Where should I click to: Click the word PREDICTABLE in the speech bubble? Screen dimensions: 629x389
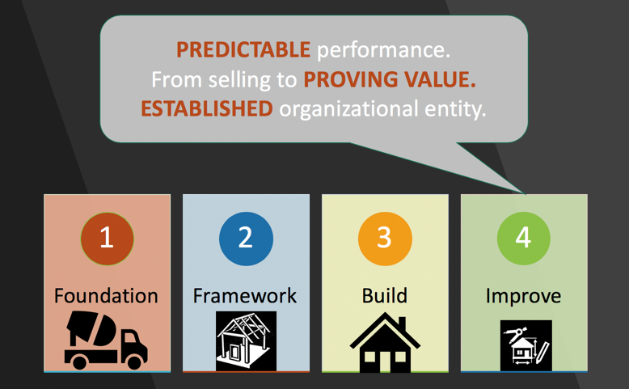click(243, 50)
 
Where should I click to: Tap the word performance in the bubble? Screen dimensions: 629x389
click(383, 51)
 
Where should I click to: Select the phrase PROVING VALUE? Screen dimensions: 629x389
click(390, 79)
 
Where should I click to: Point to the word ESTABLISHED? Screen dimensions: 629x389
click(207, 109)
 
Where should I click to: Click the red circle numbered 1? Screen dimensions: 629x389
click(107, 239)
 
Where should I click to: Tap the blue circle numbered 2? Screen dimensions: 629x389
click(246, 239)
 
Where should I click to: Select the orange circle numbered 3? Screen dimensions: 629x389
click(385, 239)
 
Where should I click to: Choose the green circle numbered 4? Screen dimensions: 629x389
click(524, 239)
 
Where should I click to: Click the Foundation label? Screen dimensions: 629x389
click(106, 296)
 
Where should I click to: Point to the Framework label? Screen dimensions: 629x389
click(245, 296)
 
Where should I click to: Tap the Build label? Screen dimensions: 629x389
click(384, 296)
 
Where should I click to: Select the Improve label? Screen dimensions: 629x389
click(524, 297)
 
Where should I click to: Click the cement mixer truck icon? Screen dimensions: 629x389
click(106, 340)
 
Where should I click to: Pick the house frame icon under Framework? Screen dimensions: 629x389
click(246, 340)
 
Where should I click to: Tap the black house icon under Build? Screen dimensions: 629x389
click(385, 342)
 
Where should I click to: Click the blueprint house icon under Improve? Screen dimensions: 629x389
click(526, 345)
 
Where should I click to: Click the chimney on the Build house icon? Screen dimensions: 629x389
click(402, 324)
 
